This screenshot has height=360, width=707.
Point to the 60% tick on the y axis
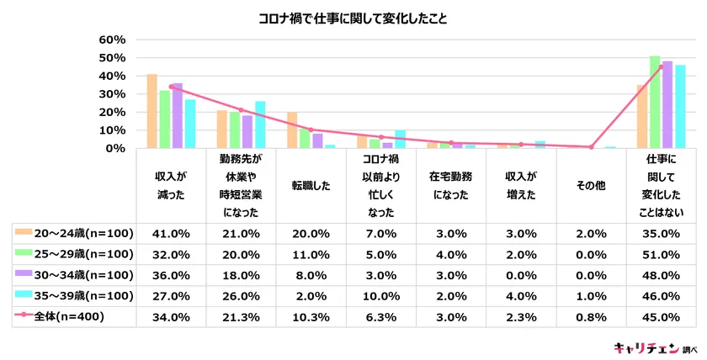[112, 40]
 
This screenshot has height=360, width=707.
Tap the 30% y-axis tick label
[112, 93]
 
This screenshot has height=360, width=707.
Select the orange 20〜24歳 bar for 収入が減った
[151, 111]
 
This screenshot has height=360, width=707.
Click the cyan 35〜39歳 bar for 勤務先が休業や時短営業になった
[259, 124]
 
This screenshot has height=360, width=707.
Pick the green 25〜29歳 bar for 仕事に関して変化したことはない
[654, 102]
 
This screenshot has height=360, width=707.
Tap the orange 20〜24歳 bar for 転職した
[292, 130]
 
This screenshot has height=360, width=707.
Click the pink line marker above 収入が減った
[171, 87]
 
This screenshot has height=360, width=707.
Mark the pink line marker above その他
[592, 147]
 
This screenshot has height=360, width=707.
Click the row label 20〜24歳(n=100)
[75, 233]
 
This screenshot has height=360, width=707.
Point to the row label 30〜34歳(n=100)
[75, 273]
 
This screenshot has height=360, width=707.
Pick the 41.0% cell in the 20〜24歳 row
[171, 233]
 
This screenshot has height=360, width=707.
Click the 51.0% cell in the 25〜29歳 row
[662, 253]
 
